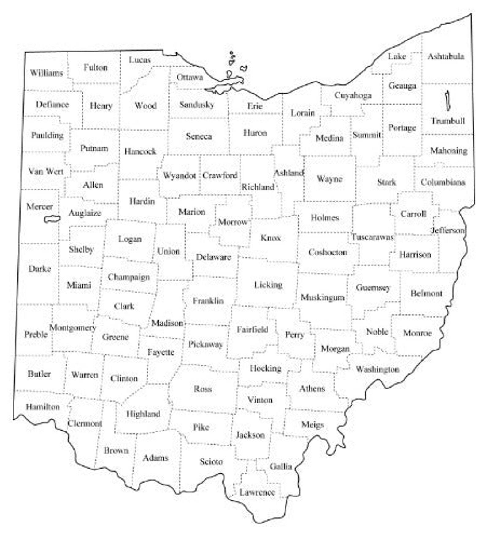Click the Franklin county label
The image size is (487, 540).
[x=208, y=301]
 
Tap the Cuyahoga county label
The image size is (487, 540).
[x=353, y=95]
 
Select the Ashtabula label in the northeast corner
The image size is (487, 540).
[x=446, y=56]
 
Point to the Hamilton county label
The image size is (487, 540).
[x=43, y=407]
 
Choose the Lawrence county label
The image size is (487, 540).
[x=257, y=492]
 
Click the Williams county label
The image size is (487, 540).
[x=46, y=73]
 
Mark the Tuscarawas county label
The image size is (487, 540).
[x=372, y=237]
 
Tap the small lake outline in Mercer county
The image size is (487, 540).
[x=52, y=219]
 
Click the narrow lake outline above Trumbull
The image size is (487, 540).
[x=447, y=101]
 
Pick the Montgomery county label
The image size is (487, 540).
[x=73, y=328]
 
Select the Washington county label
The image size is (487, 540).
[x=377, y=369]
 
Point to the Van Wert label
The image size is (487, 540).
[x=46, y=171]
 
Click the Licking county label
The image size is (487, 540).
[x=268, y=285]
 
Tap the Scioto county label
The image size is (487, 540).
[x=211, y=461]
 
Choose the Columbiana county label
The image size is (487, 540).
[x=443, y=182]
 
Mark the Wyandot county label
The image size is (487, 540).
[x=179, y=176]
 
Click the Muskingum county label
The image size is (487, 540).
[x=322, y=297]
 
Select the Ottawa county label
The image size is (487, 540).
[x=190, y=77]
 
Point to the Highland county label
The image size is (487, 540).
[x=143, y=414]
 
